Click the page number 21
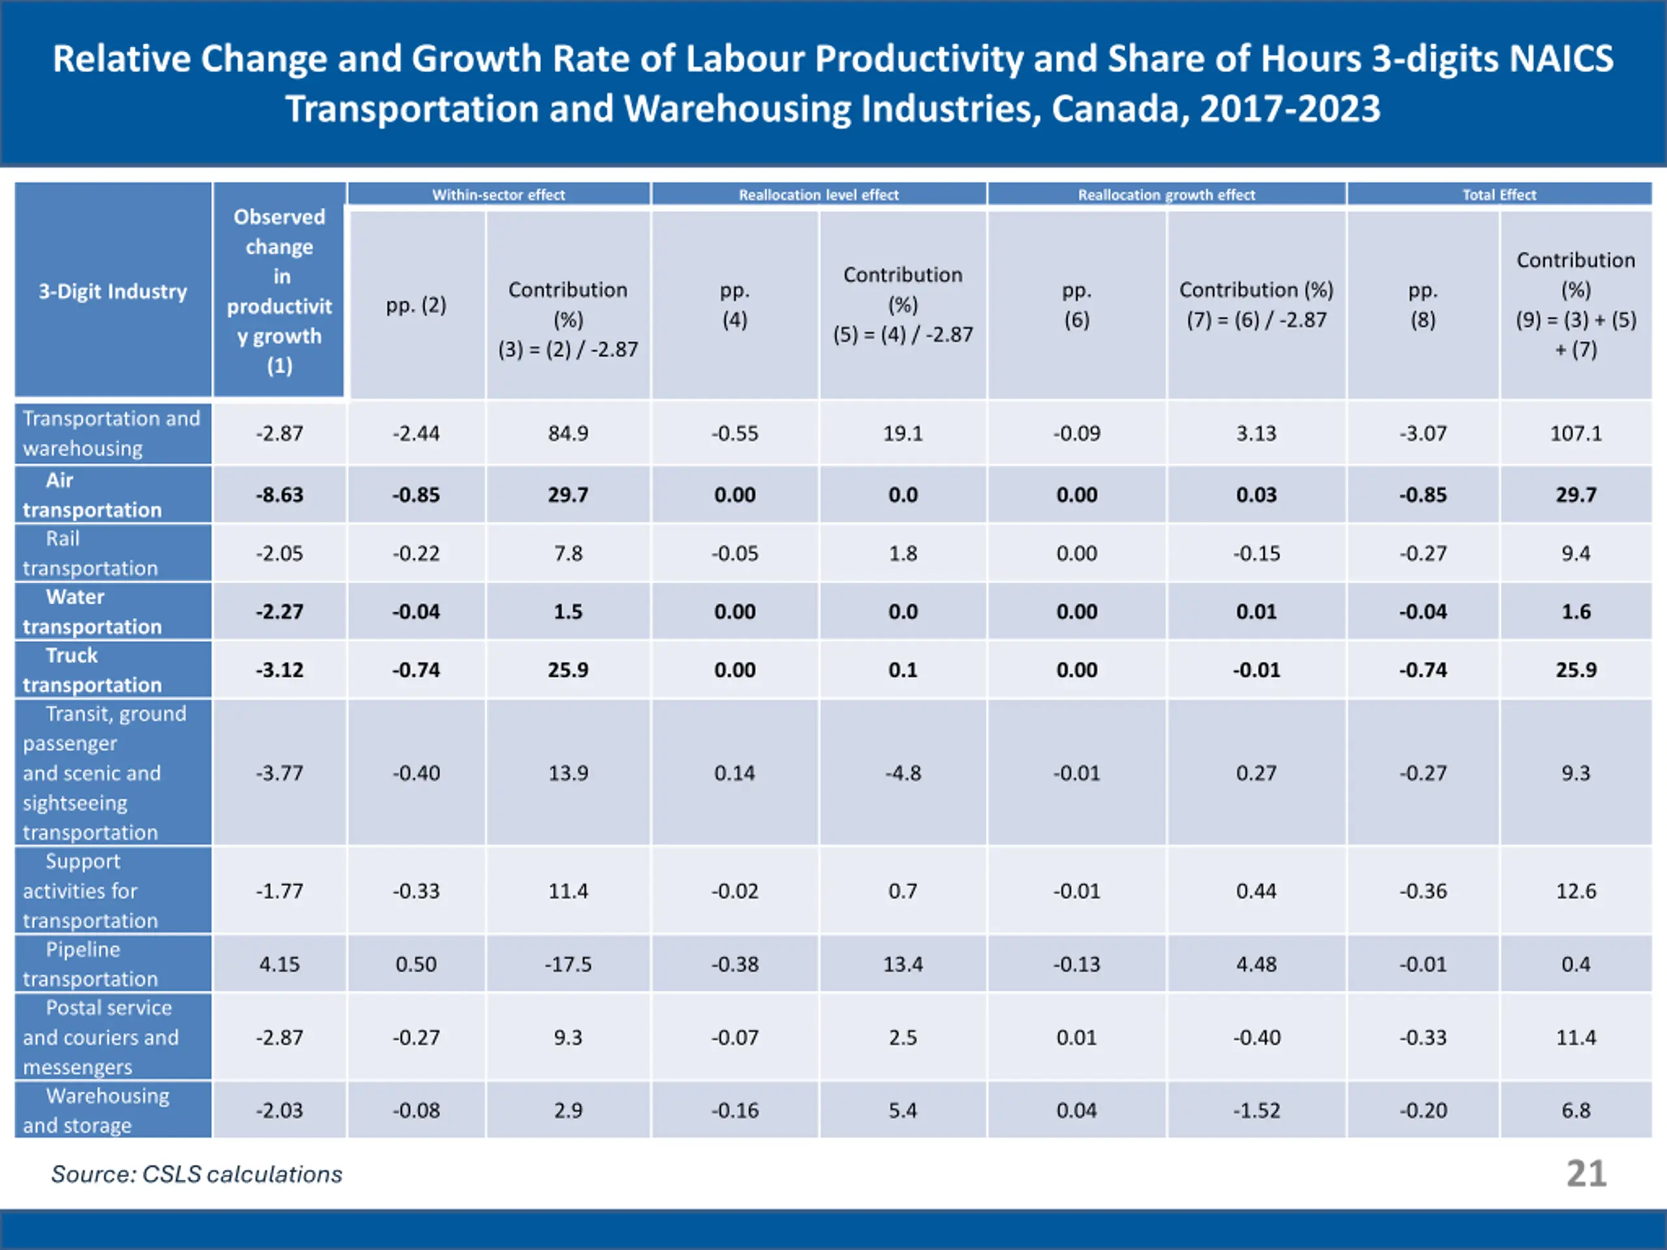click(x=1586, y=1173)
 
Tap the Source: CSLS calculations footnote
click(x=196, y=1174)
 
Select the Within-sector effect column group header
click(x=498, y=195)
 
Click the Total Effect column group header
click(x=1499, y=195)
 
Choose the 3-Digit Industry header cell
click(x=113, y=291)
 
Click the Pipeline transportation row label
click(x=91, y=964)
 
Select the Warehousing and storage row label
click(x=96, y=1110)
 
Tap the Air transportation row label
click(x=92, y=495)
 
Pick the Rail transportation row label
click(x=91, y=553)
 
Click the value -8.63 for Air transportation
click(x=279, y=495)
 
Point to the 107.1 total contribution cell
click(x=1575, y=433)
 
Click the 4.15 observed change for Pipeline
click(x=279, y=964)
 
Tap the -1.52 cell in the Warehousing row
click(x=1255, y=1110)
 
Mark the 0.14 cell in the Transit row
click(x=734, y=772)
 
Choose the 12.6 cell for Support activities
click(x=1575, y=891)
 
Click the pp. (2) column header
click(x=416, y=305)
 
